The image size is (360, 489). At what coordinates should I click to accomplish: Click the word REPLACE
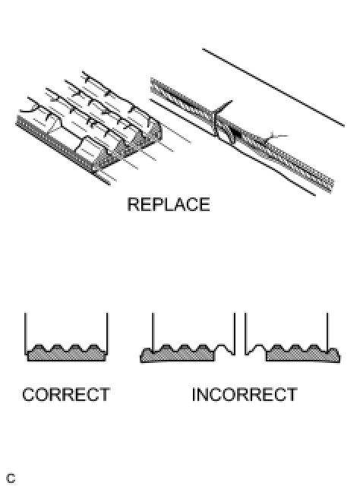tap(168, 205)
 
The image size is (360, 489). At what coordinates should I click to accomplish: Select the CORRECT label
tap(66, 395)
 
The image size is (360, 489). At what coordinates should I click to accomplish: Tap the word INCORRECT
tap(244, 395)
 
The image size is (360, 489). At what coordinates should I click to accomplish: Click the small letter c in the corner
tap(11, 479)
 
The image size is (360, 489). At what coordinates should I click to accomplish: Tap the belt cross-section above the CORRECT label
tap(66, 352)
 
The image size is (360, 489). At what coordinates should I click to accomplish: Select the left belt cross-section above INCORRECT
tap(182, 352)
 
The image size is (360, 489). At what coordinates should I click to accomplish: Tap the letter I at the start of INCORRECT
tap(194, 395)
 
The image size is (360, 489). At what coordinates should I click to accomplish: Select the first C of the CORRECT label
tap(29, 395)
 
